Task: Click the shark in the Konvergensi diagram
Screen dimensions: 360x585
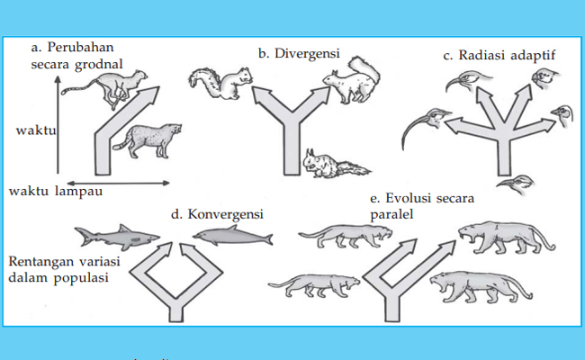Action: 116,238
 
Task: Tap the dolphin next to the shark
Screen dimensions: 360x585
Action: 232,238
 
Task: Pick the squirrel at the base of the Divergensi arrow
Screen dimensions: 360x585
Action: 334,164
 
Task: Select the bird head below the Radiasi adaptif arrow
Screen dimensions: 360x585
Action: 517,187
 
